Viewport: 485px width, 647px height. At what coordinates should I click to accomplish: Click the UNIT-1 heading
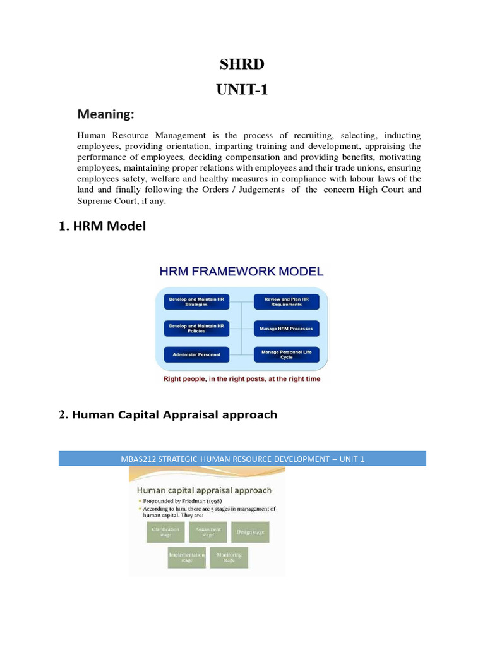(x=242, y=90)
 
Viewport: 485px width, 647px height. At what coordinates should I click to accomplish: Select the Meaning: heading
(x=105, y=114)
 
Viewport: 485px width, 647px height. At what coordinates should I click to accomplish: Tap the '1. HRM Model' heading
(x=103, y=226)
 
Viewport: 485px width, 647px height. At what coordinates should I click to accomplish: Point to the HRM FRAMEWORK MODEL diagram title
(x=241, y=272)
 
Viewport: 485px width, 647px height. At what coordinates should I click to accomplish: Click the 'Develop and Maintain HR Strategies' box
(x=196, y=301)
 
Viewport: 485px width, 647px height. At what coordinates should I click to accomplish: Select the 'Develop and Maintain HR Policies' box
(x=196, y=328)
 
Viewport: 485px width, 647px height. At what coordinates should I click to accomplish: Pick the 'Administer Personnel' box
(x=196, y=354)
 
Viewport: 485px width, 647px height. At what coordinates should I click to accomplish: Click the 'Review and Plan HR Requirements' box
(x=287, y=301)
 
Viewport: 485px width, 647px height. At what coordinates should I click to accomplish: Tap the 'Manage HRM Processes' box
(x=287, y=328)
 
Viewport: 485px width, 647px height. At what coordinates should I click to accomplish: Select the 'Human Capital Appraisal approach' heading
(x=174, y=415)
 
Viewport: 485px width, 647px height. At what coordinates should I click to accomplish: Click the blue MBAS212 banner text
(x=242, y=459)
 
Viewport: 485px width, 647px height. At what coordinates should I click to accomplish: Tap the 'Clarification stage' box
(x=165, y=531)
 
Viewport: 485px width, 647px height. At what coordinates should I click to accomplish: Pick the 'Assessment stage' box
(x=208, y=531)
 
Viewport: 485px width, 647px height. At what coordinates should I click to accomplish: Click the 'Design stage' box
(x=250, y=531)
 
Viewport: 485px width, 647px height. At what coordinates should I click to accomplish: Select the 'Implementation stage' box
(x=187, y=557)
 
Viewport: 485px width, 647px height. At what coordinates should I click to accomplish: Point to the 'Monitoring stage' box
(x=229, y=557)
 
